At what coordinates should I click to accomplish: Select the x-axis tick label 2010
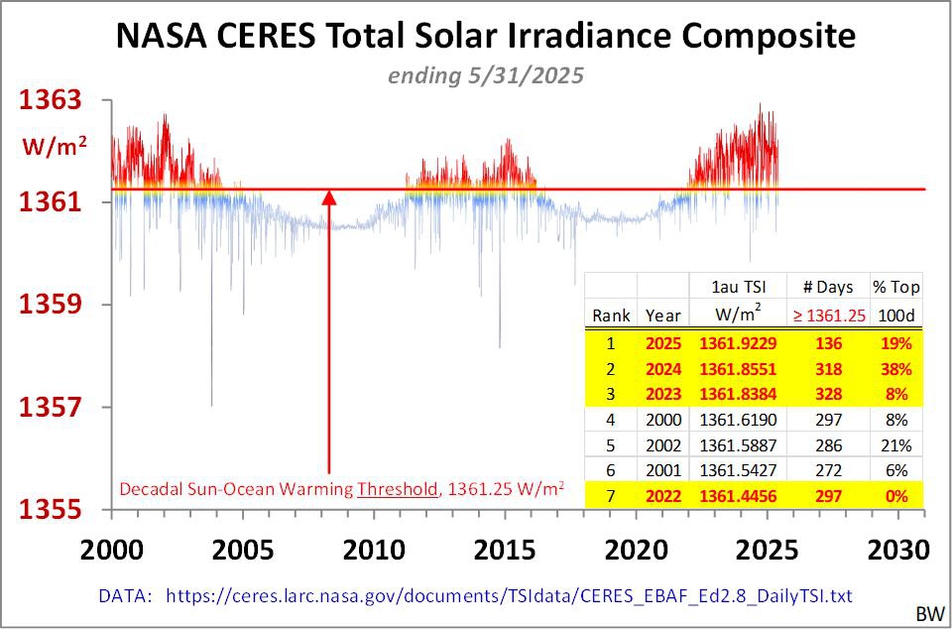(372, 549)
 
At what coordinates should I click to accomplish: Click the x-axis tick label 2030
(896, 549)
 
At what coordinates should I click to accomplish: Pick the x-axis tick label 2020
(635, 549)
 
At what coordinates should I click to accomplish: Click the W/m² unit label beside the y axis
(57, 146)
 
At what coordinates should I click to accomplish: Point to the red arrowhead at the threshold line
(329, 196)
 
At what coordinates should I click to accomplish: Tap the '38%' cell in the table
(896, 369)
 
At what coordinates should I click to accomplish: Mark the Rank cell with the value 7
(611, 495)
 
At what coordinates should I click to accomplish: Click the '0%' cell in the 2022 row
(896, 495)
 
